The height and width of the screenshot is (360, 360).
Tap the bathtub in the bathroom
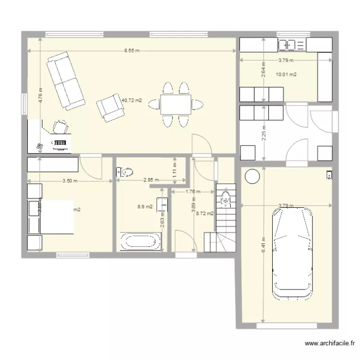tap(142, 241)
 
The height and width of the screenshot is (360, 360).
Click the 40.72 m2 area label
tap(132, 100)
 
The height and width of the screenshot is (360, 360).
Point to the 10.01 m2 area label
tap(286, 74)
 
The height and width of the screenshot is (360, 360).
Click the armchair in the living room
tap(110, 107)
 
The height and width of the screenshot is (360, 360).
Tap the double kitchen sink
tap(292, 45)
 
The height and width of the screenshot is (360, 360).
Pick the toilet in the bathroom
tap(125, 171)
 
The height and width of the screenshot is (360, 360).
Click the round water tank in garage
tap(252, 177)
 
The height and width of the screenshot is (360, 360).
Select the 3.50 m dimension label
tap(70, 181)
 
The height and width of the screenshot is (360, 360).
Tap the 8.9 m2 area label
tap(145, 207)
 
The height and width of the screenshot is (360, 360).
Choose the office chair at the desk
tap(60, 127)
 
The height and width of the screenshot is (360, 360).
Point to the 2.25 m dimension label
tap(264, 132)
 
